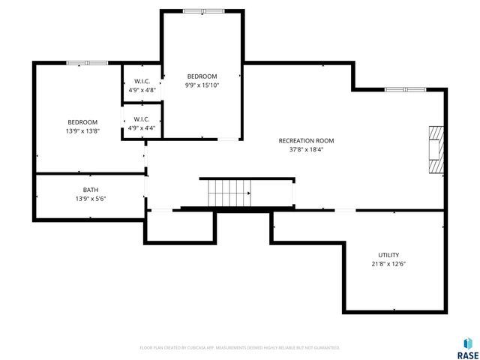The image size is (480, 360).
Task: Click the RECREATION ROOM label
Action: (x=306, y=140)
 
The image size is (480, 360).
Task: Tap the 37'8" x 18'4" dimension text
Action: (x=306, y=149)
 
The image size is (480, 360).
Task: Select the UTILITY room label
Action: (x=388, y=255)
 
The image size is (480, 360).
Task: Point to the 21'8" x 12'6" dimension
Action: (x=388, y=264)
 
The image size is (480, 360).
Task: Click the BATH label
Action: (x=91, y=190)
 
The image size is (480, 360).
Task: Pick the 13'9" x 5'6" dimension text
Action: (x=91, y=199)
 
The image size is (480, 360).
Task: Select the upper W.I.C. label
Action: (x=142, y=81)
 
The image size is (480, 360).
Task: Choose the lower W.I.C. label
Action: (x=142, y=118)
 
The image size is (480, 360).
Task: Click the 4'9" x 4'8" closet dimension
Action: (x=142, y=90)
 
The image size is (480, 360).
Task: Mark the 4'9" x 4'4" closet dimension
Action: (x=142, y=127)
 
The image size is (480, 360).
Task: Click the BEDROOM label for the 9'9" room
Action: (x=202, y=76)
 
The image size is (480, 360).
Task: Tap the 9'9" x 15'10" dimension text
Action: (x=202, y=85)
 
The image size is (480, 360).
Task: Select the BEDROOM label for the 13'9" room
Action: (x=82, y=122)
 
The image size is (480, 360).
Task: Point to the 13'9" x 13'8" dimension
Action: (x=82, y=131)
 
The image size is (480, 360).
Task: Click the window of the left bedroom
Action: (x=87, y=63)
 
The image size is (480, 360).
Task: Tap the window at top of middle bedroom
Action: (x=203, y=10)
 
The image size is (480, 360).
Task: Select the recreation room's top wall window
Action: (x=406, y=89)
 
